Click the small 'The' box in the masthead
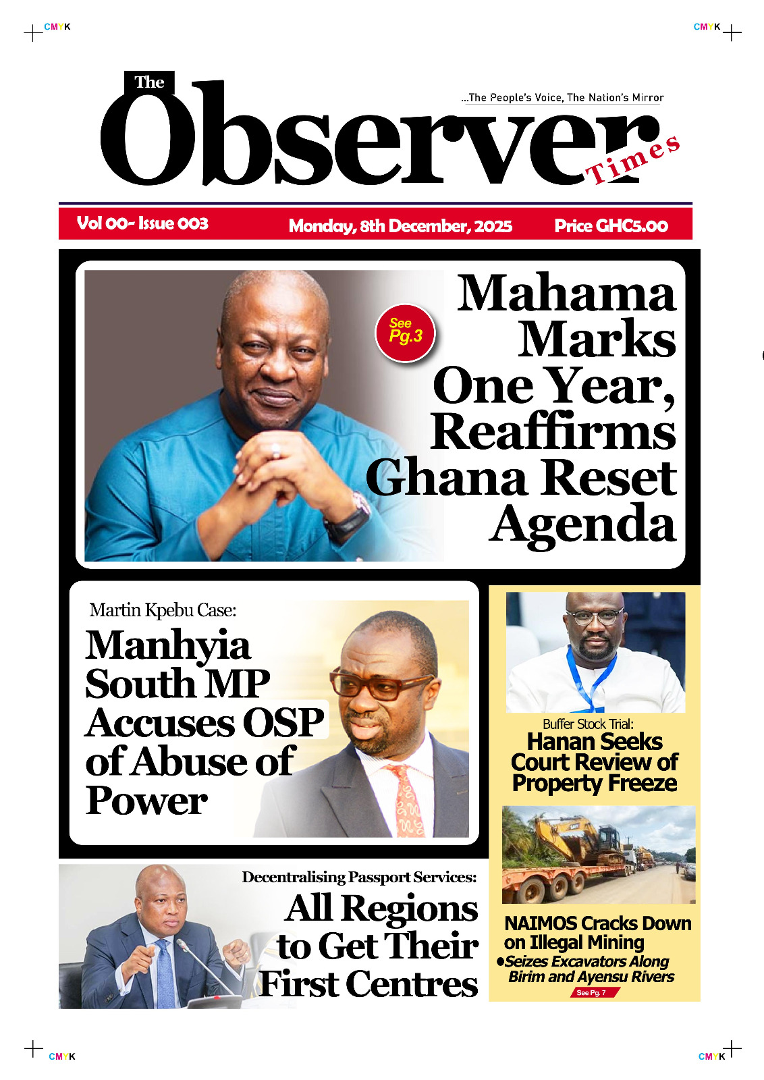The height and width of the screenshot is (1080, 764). tap(149, 82)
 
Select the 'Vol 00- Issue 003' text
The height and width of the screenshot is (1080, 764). tap(142, 223)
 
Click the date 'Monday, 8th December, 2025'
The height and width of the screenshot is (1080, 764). tap(400, 225)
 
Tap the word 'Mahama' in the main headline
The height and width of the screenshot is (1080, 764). tap(566, 294)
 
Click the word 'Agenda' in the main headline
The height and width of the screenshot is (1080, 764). tap(582, 524)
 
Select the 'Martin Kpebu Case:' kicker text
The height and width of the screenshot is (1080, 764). tap(163, 610)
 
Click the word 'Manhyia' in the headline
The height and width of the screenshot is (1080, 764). tap(168, 645)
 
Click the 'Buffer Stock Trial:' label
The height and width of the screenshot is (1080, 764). tap(588, 724)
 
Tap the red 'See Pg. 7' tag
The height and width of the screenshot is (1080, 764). tap(592, 992)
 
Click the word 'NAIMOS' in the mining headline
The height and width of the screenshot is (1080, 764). tap(540, 923)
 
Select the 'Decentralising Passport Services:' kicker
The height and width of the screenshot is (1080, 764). tap(359, 877)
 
